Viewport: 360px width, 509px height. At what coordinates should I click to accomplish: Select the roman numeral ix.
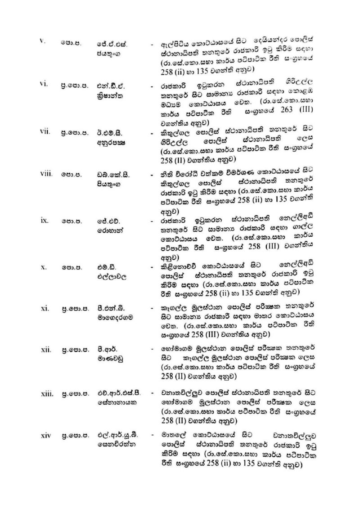tap(44, 222)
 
